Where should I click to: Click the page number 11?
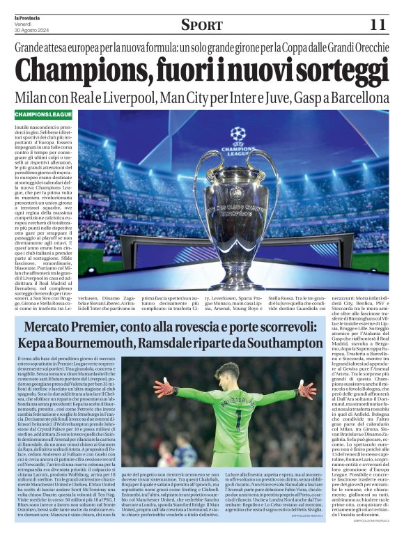pyautogui.click(x=378, y=24)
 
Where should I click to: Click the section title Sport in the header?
pyautogui.click(x=201, y=25)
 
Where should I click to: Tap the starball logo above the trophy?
pyautogui.click(x=238, y=132)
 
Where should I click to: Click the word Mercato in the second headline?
pyautogui.click(x=52, y=327)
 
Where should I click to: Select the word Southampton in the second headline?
pyautogui.click(x=281, y=343)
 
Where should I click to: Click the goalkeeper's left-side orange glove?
pyautogui.click(x=165, y=387)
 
